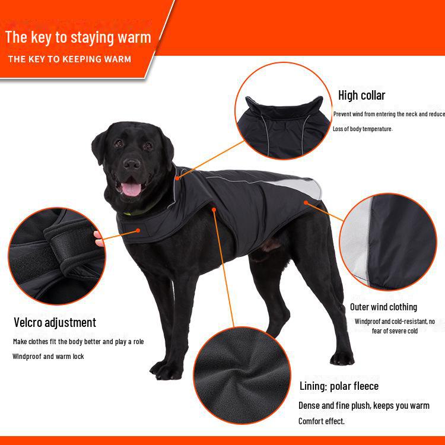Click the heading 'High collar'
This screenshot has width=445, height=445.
click(361, 95)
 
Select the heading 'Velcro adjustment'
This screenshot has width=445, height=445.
click(55, 323)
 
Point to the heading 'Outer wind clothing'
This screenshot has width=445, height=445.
click(383, 307)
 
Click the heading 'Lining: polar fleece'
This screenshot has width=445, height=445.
click(339, 386)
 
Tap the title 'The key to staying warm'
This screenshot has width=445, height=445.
click(78, 37)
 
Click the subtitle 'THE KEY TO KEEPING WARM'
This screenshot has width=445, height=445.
click(69, 59)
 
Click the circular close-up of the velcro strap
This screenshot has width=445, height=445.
click(56, 255)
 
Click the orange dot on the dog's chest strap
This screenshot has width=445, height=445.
click(138, 230)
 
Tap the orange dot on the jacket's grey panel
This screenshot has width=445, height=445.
click(306, 202)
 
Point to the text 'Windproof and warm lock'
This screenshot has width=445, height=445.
click(48, 357)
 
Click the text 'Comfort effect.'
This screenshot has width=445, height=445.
click(321, 421)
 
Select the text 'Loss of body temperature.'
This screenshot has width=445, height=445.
click(362, 129)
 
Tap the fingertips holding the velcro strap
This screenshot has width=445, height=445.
click(98, 239)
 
